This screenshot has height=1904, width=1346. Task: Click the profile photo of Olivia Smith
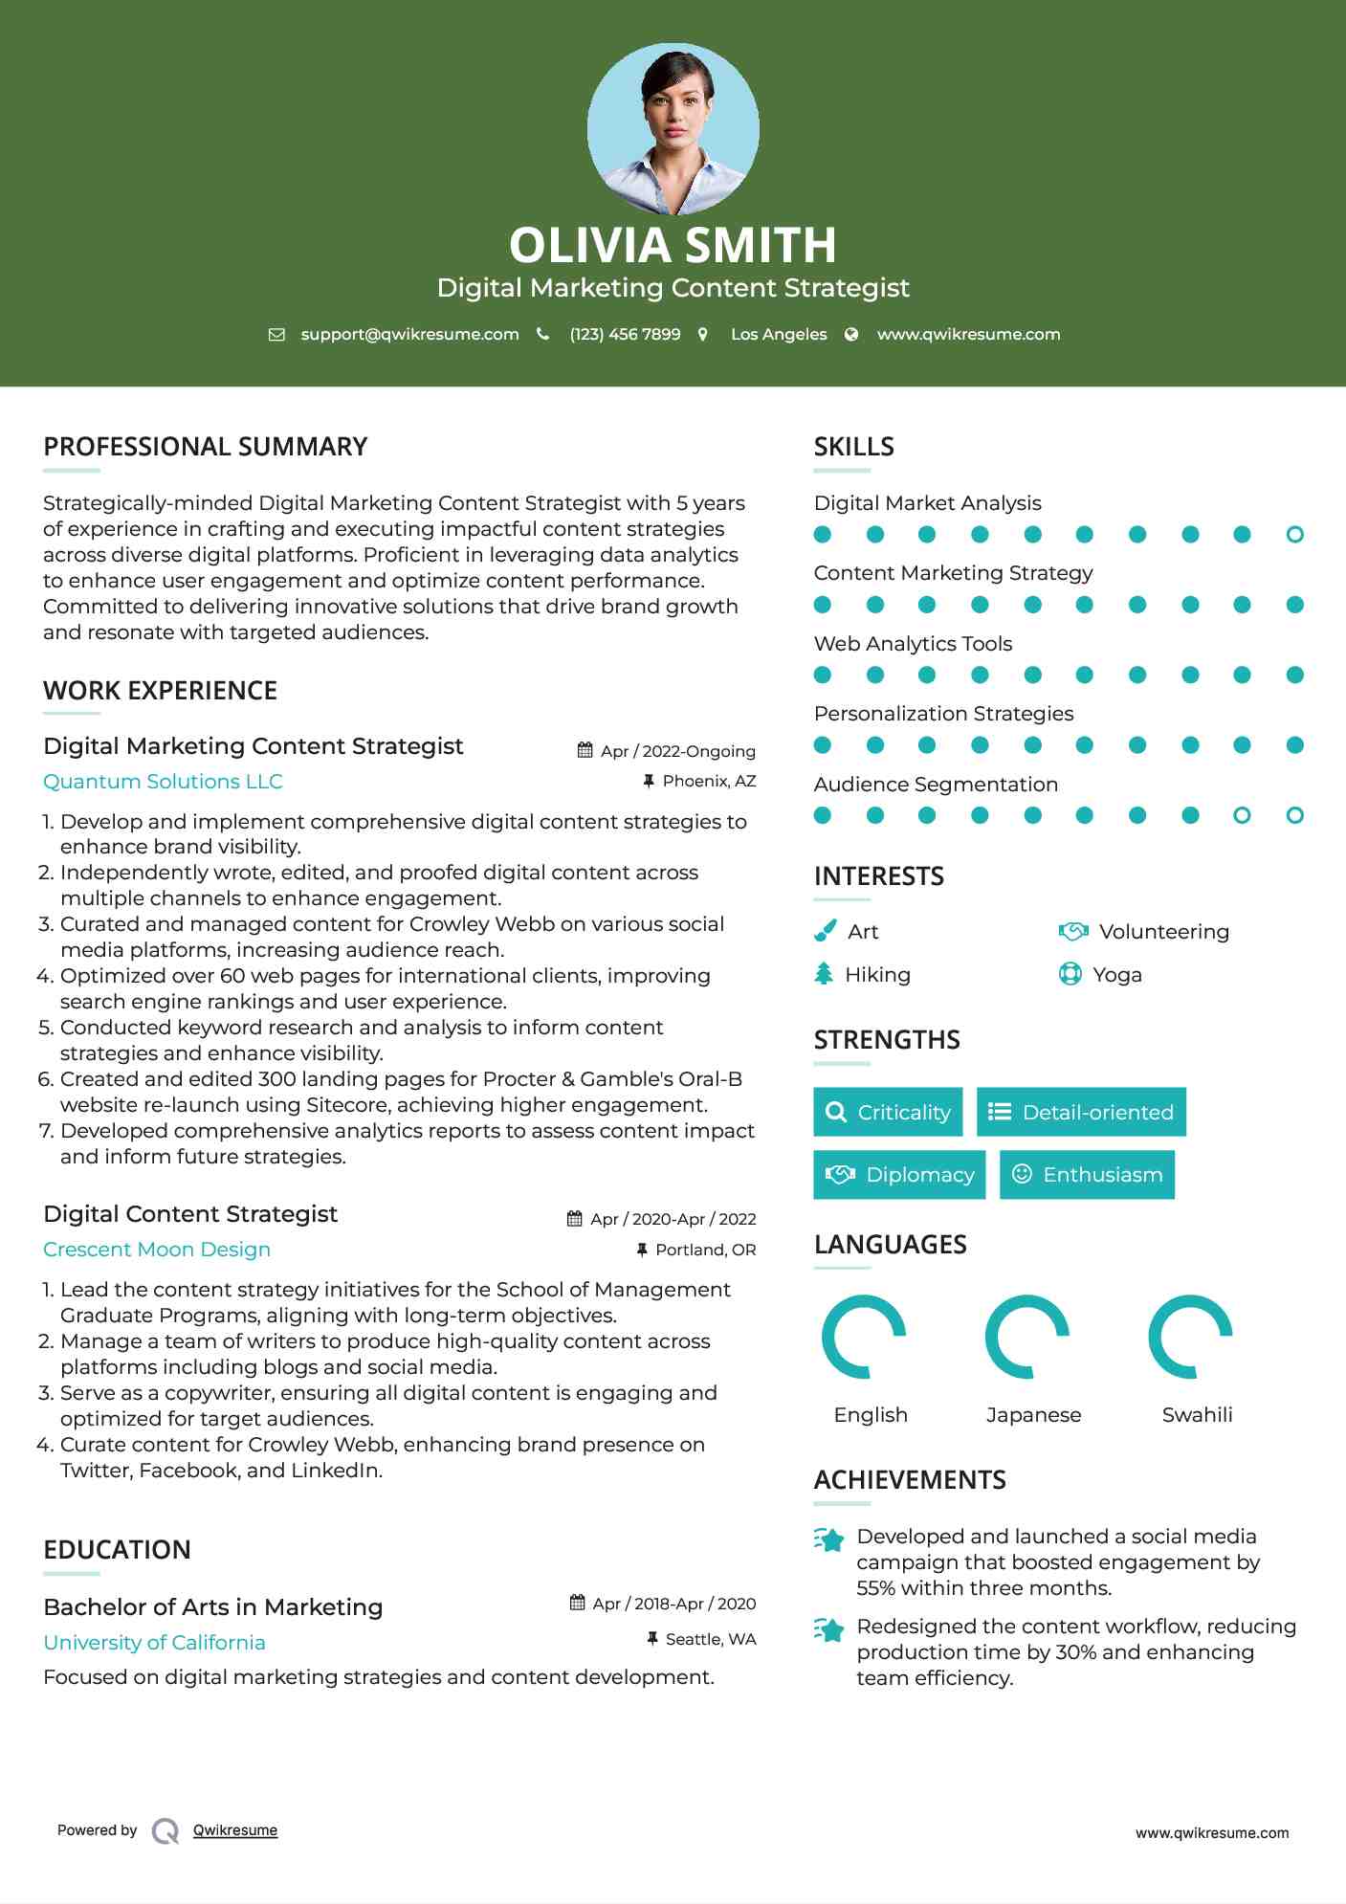(673, 128)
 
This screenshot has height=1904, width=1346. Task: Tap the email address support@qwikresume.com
(409, 335)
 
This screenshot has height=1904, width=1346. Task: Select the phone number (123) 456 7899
(625, 335)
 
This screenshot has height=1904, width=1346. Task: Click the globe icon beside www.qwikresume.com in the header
(851, 335)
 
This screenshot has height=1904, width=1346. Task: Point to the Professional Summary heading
(205, 447)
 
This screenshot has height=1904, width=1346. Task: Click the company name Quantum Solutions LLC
(163, 782)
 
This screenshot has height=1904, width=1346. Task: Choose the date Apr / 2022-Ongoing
(677, 751)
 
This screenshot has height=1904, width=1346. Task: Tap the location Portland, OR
(705, 1250)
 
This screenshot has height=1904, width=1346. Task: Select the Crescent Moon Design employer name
(157, 1250)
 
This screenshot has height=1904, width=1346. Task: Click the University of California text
(154, 1643)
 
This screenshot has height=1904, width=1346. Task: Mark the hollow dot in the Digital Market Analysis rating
(1294, 535)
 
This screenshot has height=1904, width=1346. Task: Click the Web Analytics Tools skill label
(913, 644)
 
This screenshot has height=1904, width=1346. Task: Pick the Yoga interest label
(1117, 975)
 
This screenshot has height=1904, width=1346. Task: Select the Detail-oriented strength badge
(1081, 1112)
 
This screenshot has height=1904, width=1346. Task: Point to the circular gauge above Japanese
(1027, 1337)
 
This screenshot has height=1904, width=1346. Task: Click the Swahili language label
(1197, 1415)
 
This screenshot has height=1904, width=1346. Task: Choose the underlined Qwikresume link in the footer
(235, 1830)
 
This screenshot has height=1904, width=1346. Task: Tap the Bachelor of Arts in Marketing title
(212, 1607)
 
